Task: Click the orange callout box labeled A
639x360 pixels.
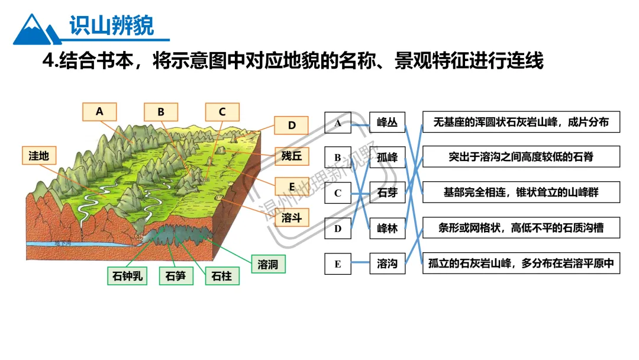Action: pyautogui.click(x=99, y=111)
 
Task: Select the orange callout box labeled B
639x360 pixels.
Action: pyautogui.click(x=161, y=112)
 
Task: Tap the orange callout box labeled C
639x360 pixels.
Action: pyautogui.click(x=222, y=112)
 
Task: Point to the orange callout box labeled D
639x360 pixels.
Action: pyautogui.click(x=292, y=126)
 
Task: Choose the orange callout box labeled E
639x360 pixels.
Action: pyautogui.click(x=292, y=186)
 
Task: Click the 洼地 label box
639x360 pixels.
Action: pyautogui.click(x=39, y=156)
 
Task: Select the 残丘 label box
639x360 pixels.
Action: pyautogui.click(x=292, y=156)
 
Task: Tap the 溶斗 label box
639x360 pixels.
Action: pyautogui.click(x=292, y=218)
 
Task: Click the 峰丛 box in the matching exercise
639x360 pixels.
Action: pyautogui.click(x=388, y=123)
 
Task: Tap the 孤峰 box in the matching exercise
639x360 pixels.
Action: pyautogui.click(x=388, y=157)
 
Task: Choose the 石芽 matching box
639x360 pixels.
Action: pyautogui.click(x=388, y=193)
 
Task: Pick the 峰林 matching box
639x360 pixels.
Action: pyautogui.click(x=388, y=228)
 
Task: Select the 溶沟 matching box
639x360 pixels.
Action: pyautogui.click(x=388, y=263)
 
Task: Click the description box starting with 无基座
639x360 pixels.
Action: pyautogui.click(x=521, y=122)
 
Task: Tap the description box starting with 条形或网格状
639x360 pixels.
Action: pyautogui.click(x=521, y=228)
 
